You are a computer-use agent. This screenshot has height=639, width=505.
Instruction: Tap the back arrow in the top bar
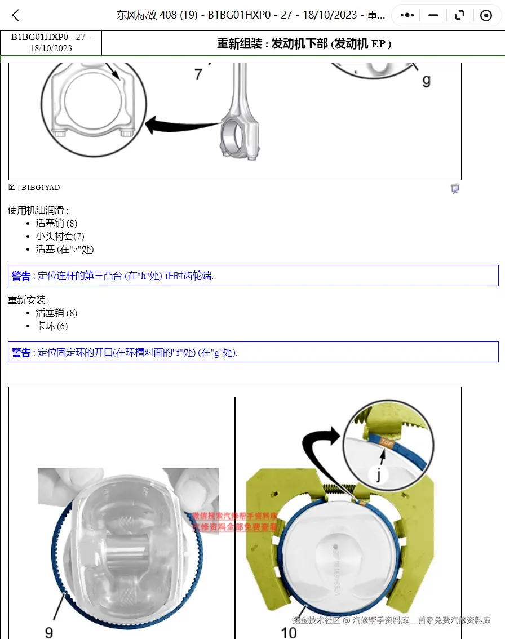[x=16, y=15]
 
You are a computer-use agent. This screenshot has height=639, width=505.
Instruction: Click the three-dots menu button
[x=407, y=15]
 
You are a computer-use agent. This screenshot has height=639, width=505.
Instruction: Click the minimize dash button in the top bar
[x=433, y=15]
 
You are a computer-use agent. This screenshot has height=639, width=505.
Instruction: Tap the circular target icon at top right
[x=486, y=15]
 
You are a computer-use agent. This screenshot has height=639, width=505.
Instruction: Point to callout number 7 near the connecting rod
[x=198, y=74]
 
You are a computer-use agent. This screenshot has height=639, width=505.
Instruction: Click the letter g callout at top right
[x=426, y=81]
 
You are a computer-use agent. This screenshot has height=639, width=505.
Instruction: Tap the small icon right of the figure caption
[x=455, y=189]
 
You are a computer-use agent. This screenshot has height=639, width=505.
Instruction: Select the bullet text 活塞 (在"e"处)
[x=64, y=249]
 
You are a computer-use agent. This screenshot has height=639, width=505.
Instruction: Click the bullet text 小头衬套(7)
[x=60, y=236]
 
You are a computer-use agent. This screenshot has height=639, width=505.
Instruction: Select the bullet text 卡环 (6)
[x=51, y=326]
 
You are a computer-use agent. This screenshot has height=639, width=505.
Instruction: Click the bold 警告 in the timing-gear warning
[x=21, y=276]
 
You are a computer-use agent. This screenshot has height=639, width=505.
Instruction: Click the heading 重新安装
[x=28, y=300]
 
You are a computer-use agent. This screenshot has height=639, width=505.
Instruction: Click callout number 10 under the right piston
[x=289, y=632]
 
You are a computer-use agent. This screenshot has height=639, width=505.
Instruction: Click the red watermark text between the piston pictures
[x=234, y=522]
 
